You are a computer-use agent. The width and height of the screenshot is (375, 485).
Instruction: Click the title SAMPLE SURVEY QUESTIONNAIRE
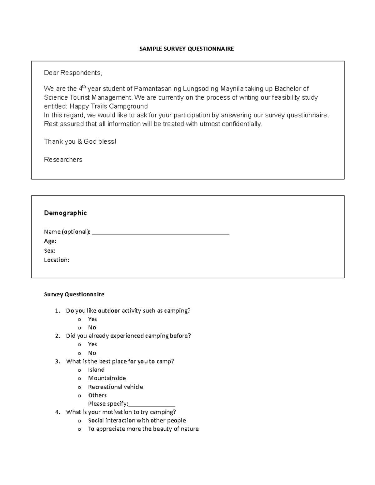click(x=187, y=49)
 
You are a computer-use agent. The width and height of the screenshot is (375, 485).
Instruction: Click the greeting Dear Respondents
click(x=73, y=73)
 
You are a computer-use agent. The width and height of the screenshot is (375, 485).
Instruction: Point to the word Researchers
click(x=63, y=160)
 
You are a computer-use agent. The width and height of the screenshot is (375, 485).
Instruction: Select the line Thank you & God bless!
click(x=80, y=141)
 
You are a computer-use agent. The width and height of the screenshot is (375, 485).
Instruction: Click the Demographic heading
click(x=65, y=213)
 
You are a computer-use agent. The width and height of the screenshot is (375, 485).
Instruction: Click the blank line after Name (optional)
click(x=161, y=233)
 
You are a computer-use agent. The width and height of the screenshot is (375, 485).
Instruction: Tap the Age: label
click(x=50, y=241)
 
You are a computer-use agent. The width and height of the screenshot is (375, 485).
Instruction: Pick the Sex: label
click(x=49, y=250)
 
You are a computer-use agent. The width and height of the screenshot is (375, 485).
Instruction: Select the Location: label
click(x=57, y=260)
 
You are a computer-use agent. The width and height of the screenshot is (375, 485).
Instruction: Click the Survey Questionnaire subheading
click(x=74, y=294)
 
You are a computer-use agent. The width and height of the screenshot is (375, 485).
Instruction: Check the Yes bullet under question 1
click(x=79, y=319)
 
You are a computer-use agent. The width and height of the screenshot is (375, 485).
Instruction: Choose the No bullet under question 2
click(x=79, y=353)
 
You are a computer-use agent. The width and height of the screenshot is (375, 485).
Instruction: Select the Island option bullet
click(x=79, y=370)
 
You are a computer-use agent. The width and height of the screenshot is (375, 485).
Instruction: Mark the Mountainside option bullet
click(x=79, y=379)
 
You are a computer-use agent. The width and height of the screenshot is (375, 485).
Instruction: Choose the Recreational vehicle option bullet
click(x=79, y=387)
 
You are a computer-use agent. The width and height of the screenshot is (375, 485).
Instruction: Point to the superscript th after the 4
click(x=83, y=87)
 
